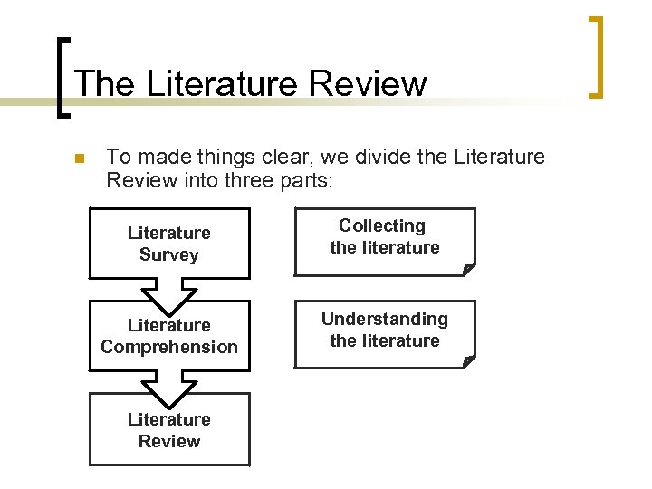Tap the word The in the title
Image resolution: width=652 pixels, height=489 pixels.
coord(105,83)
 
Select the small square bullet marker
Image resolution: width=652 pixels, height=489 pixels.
coord(79,158)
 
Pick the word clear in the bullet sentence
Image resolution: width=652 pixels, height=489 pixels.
coord(255,157)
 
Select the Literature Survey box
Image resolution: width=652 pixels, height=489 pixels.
coord(168,243)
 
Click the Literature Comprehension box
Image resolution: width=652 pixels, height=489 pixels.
coord(168,336)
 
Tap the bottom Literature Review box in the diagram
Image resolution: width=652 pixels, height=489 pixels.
coord(168,430)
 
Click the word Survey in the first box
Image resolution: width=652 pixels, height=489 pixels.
coord(168,254)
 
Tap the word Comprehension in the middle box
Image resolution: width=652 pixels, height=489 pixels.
coord(169,347)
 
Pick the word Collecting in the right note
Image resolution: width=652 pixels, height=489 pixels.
coord(382,225)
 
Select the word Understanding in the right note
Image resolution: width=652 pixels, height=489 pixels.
coord(384,319)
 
